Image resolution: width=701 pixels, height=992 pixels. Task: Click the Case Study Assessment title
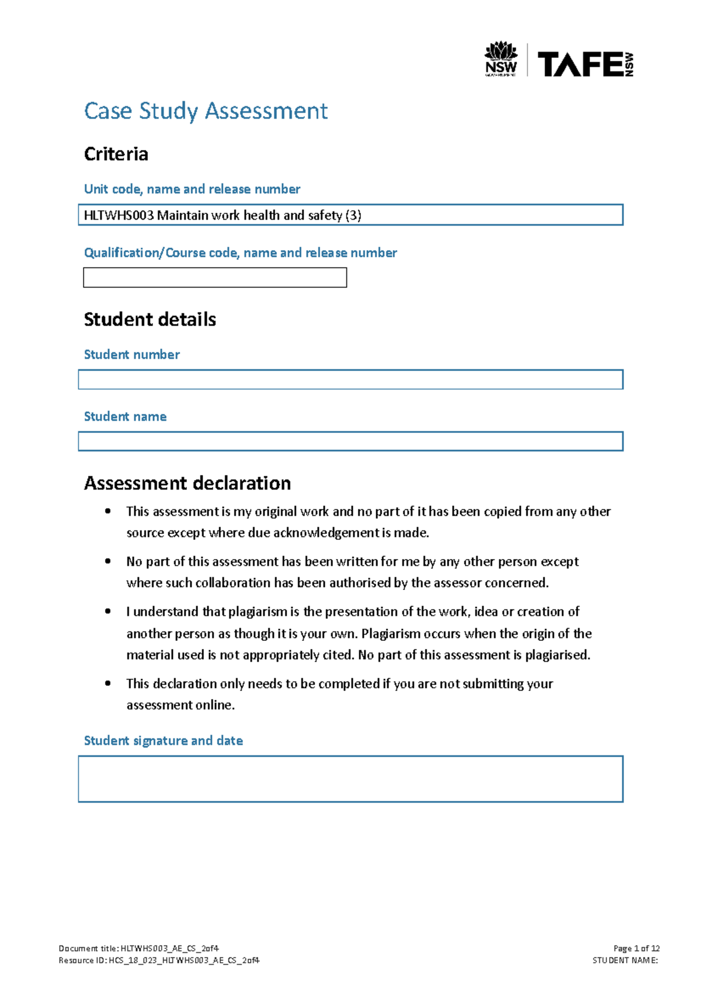point(206,111)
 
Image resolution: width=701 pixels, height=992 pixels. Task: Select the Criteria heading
point(116,154)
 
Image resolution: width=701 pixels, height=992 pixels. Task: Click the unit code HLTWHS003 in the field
point(119,216)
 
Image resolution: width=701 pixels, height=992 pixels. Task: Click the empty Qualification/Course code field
point(215,278)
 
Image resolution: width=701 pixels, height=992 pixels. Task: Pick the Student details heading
point(150,320)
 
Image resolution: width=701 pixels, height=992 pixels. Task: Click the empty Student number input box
point(350,380)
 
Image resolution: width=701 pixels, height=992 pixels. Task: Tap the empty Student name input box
point(350,442)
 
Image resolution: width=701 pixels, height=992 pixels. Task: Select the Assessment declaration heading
point(187,483)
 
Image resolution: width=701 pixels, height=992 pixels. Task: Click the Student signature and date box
point(350,779)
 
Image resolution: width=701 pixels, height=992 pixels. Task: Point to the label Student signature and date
point(163,741)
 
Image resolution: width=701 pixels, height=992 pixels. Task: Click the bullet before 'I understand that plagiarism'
point(108,611)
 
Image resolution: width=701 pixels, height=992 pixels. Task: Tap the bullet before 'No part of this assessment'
point(108,561)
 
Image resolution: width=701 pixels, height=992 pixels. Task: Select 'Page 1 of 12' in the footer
point(636,948)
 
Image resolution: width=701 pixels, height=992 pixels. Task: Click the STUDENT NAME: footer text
point(624,960)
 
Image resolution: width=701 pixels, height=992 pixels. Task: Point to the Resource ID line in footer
point(159,960)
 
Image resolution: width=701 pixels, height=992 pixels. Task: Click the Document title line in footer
point(139,948)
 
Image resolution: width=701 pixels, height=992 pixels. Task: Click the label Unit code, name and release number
point(192,189)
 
